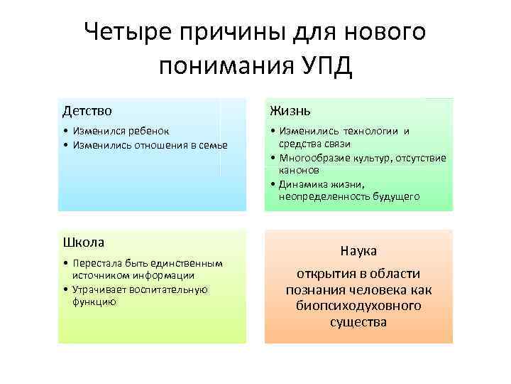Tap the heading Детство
point(87,111)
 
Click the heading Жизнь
point(290,111)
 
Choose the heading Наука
point(358,251)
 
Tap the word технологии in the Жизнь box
point(372,132)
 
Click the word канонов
point(299,171)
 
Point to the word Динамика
point(305,183)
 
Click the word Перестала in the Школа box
point(97,263)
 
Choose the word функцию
point(94,301)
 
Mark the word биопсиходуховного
point(358,306)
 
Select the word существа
point(358,322)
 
